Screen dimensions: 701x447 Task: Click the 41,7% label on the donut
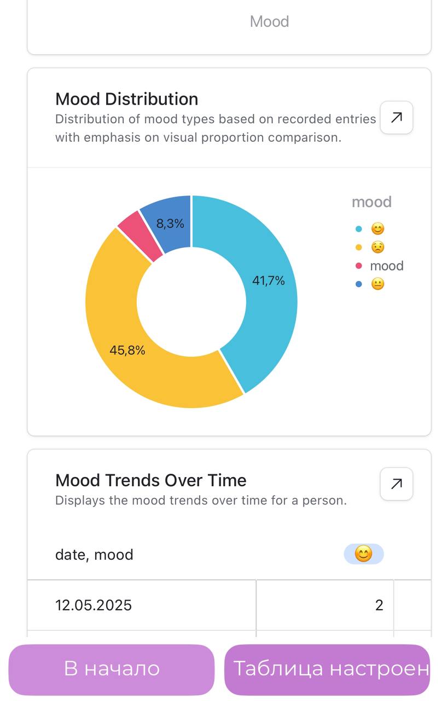pos(268,281)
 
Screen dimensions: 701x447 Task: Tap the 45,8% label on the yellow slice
pos(127,350)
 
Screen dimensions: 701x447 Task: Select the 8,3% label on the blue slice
pos(170,223)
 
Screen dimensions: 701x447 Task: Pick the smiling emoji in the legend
pos(378,229)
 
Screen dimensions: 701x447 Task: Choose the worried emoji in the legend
pos(378,248)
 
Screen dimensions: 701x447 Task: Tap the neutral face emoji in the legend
pos(378,284)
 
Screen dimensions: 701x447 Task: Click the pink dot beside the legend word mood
pos(359,266)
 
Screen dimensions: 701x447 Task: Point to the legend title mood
pos(371,202)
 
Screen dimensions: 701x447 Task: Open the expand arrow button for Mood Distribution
pos(397,117)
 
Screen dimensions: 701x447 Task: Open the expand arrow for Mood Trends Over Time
pos(397,484)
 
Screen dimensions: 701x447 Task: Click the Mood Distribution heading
pos(126,99)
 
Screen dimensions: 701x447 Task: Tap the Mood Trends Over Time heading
pos(150,480)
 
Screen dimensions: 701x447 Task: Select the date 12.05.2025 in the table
pos(94,605)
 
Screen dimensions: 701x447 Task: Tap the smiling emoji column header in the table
pos(363,554)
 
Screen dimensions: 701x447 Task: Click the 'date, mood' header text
pos(94,555)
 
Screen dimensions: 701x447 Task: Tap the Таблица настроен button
pos(327,669)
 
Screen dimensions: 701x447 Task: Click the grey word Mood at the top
pos(269,21)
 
